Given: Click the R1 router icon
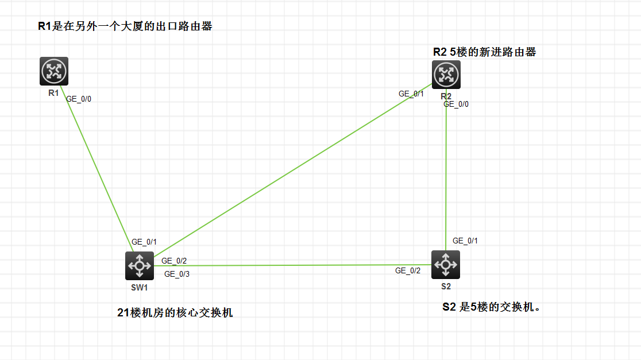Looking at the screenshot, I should (x=54, y=71).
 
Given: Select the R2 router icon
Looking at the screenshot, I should (x=446, y=75).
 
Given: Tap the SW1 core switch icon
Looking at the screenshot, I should (x=140, y=266).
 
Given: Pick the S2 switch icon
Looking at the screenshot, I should (x=446, y=265).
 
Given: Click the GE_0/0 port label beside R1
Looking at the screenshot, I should (x=79, y=99).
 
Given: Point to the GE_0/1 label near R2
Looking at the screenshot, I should (x=411, y=94).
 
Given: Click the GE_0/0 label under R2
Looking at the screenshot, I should (x=456, y=104).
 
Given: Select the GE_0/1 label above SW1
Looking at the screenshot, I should (x=144, y=242).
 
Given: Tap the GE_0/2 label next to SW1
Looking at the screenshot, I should (x=174, y=261).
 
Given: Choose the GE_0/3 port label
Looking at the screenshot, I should (x=177, y=274).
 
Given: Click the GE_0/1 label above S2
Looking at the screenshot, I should (x=465, y=241).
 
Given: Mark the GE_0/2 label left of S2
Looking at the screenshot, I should (x=408, y=270).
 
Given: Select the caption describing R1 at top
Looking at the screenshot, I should (x=125, y=26).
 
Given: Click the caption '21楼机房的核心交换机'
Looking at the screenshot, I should (x=175, y=313).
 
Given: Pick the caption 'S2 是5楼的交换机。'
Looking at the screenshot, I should (x=492, y=307).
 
